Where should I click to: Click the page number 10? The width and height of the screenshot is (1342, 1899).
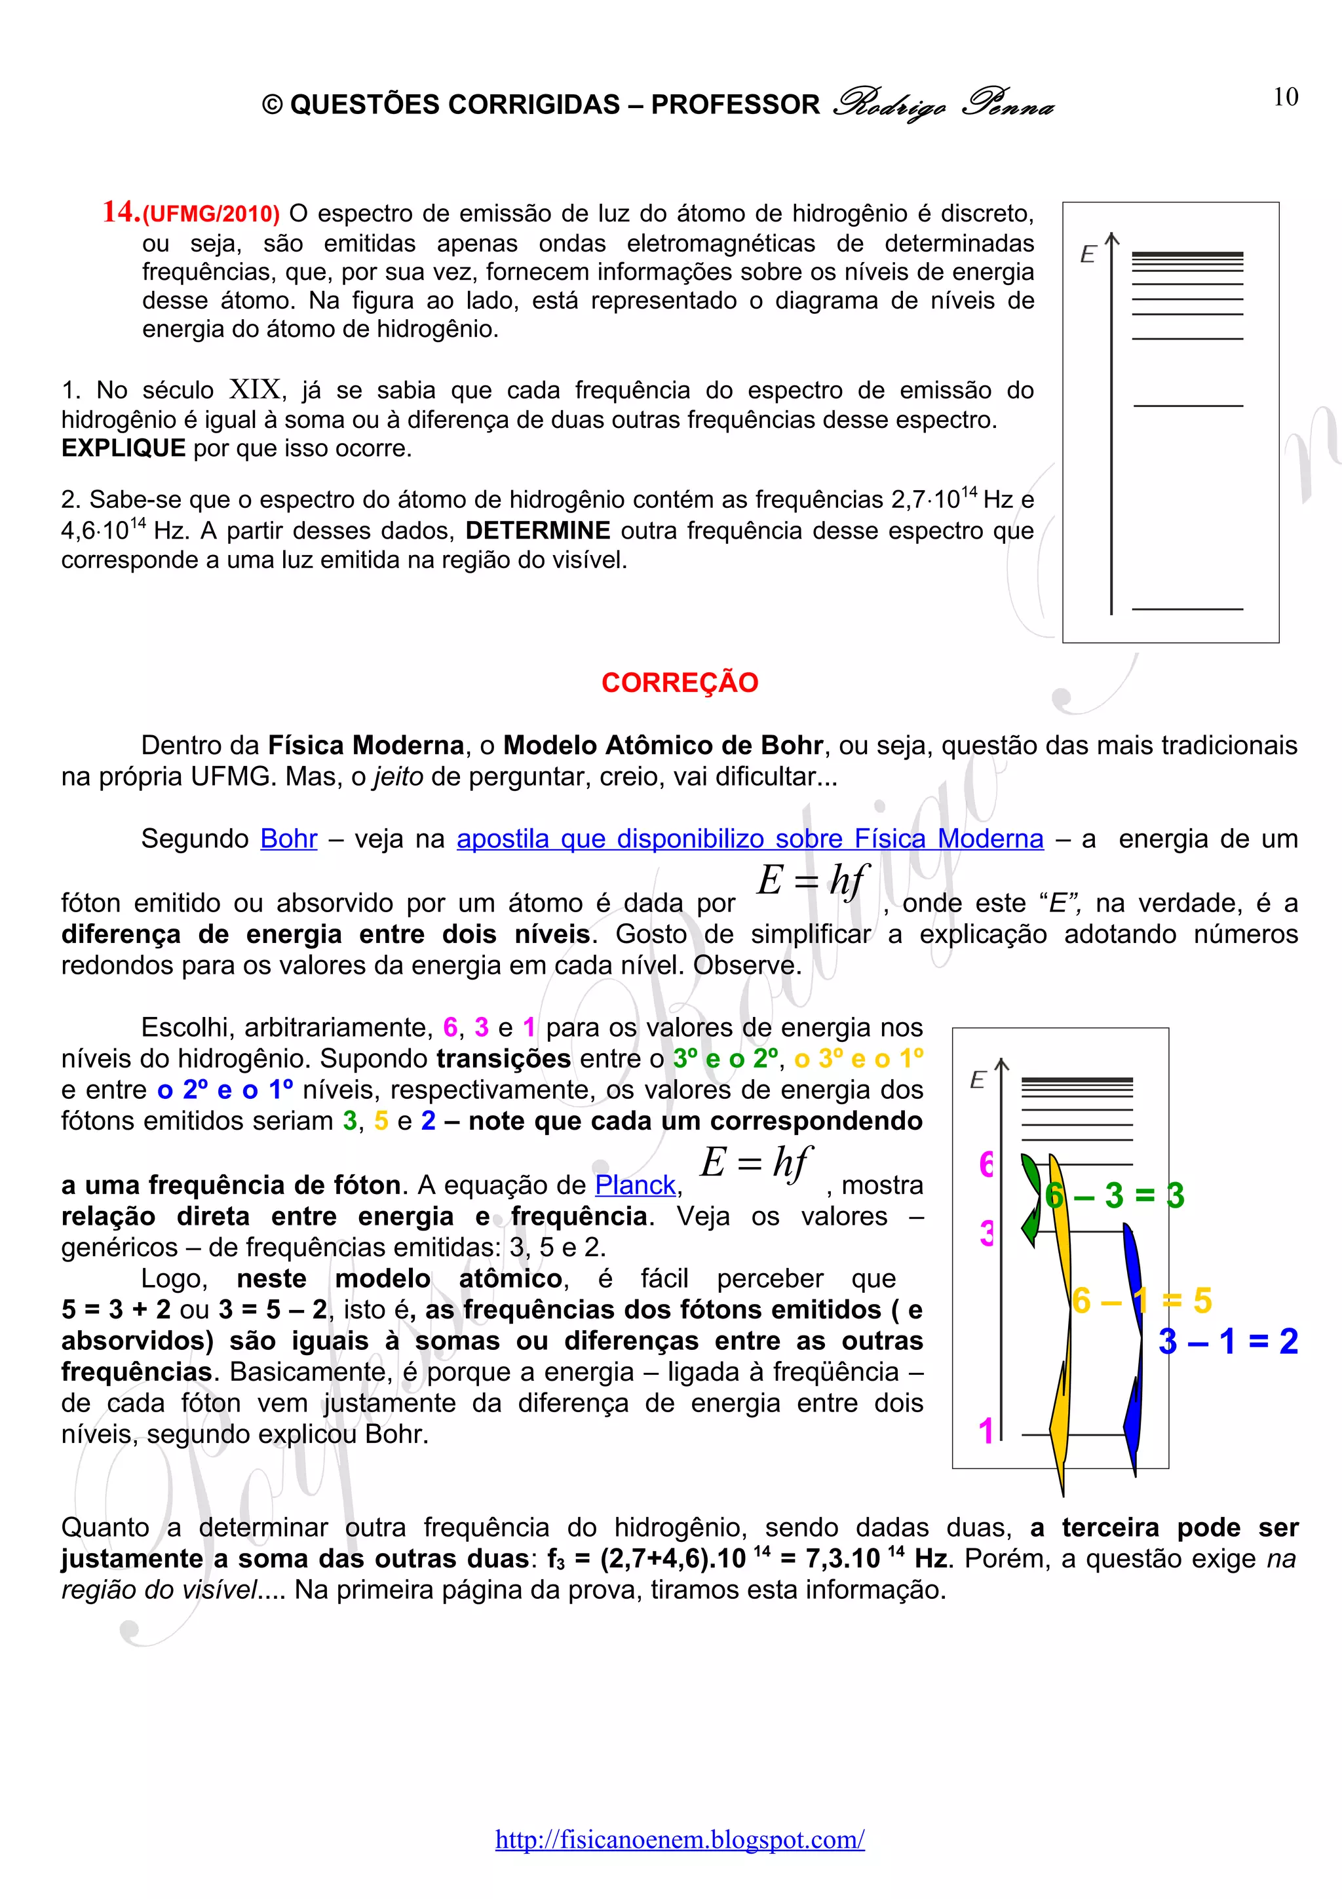pyautogui.click(x=1285, y=98)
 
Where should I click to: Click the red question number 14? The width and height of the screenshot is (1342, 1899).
pyautogui.click(x=121, y=212)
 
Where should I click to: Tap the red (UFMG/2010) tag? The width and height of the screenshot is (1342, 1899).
pyautogui.click(x=212, y=214)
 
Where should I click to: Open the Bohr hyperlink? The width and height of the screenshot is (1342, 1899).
pyautogui.click(x=288, y=839)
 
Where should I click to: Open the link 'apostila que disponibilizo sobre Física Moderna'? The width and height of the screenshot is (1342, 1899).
pyautogui.click(x=750, y=839)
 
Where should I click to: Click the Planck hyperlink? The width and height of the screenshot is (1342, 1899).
pyautogui.click(x=635, y=1185)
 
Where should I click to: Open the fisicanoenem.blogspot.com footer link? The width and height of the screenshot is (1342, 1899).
pyautogui.click(x=680, y=1839)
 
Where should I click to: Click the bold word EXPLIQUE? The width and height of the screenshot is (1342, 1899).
pyautogui.click(x=123, y=448)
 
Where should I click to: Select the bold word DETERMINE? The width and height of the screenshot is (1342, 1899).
pyautogui.click(x=537, y=530)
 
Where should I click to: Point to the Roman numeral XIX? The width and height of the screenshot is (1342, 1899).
pyautogui.click(x=256, y=389)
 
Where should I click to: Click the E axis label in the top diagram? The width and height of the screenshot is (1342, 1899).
pyautogui.click(x=1087, y=255)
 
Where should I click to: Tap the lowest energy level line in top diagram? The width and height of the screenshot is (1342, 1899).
pyautogui.click(x=1187, y=609)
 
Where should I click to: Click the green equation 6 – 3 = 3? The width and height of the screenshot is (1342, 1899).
pyautogui.click(x=1115, y=1195)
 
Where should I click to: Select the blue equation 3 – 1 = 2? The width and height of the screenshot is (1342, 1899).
pyautogui.click(x=1228, y=1341)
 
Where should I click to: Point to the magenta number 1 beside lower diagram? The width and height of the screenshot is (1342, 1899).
pyautogui.click(x=986, y=1432)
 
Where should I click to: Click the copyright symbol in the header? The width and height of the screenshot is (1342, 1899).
pyautogui.click(x=272, y=105)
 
